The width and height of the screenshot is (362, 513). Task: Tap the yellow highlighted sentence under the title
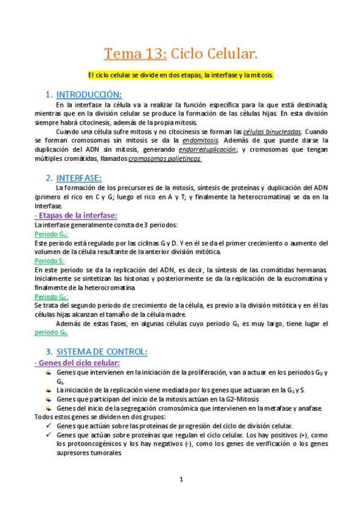(x=181, y=76)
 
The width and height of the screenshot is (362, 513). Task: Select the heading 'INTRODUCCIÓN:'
(x=89, y=94)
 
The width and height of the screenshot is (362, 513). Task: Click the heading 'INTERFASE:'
(x=79, y=178)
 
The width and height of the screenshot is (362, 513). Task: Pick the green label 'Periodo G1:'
(x=51, y=234)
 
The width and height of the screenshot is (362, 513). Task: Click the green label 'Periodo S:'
(x=50, y=261)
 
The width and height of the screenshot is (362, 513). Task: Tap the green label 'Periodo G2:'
(x=51, y=297)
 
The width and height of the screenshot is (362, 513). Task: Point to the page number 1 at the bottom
(x=181, y=479)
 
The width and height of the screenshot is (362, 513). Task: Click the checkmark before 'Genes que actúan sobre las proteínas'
(x=49, y=426)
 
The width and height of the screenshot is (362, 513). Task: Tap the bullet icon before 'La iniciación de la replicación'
(x=49, y=391)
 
